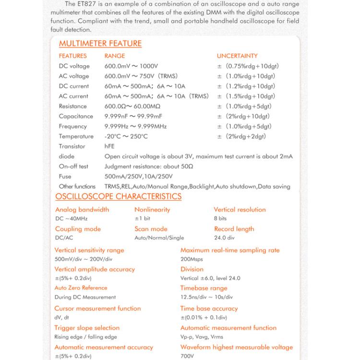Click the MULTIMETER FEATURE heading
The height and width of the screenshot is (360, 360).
pyautogui.click(x=100, y=44)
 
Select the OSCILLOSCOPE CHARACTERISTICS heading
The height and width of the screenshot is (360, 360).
pyautogui.click(x=118, y=196)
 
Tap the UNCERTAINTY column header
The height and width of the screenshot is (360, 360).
pyautogui.click(x=237, y=56)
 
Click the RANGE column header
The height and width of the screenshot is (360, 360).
pyautogui.click(x=115, y=56)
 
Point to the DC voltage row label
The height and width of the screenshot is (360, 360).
pyautogui.click(x=74, y=66)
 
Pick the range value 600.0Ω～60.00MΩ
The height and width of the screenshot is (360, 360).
pyautogui.click(x=132, y=107)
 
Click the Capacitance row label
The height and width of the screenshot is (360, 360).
pyautogui.click(x=76, y=116)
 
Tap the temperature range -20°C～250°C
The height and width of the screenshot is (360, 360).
pyautogui.click(x=126, y=136)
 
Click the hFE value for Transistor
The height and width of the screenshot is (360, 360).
pyautogui.click(x=109, y=146)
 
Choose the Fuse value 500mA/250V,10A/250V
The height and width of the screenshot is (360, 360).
pyautogui.click(x=138, y=176)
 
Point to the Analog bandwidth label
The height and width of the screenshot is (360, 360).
pyautogui.click(x=82, y=210)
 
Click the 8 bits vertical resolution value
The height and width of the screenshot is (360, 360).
pyautogui.click(x=220, y=218)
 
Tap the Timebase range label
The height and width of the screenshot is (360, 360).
pyautogui.click(x=204, y=288)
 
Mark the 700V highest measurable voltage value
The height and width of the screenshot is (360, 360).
pyautogui.click(x=187, y=356)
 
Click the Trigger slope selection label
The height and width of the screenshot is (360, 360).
pyautogui.click(x=87, y=328)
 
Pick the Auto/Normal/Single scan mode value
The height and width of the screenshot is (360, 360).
pyautogui.click(x=159, y=238)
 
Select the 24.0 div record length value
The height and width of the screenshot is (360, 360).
pyautogui.click(x=224, y=238)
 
